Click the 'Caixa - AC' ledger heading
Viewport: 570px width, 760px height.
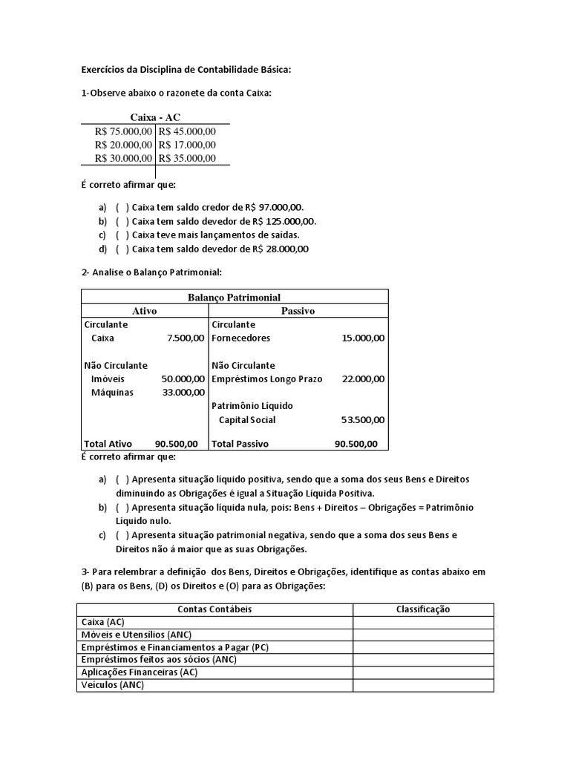pos(155,117)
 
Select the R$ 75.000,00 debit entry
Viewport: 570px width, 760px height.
pos(123,131)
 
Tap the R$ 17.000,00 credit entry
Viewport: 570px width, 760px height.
pos(186,144)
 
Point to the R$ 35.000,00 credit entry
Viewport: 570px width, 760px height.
pos(186,157)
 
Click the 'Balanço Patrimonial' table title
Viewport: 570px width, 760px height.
pos(234,297)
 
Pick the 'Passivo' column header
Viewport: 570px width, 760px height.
pos(298,311)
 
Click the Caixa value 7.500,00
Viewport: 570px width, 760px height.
pos(186,338)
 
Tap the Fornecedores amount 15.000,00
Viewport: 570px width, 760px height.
pos(363,338)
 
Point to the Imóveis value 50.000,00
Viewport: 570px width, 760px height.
pos(183,379)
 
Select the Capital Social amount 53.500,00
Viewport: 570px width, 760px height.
pos(363,419)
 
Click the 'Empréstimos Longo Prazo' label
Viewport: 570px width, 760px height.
pos(267,379)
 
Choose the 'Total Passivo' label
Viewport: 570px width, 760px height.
pos(240,444)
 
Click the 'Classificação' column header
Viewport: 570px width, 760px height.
pos(422,609)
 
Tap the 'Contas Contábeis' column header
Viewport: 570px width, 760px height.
pos(214,609)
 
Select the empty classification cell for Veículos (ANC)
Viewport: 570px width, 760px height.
pos(422,685)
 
